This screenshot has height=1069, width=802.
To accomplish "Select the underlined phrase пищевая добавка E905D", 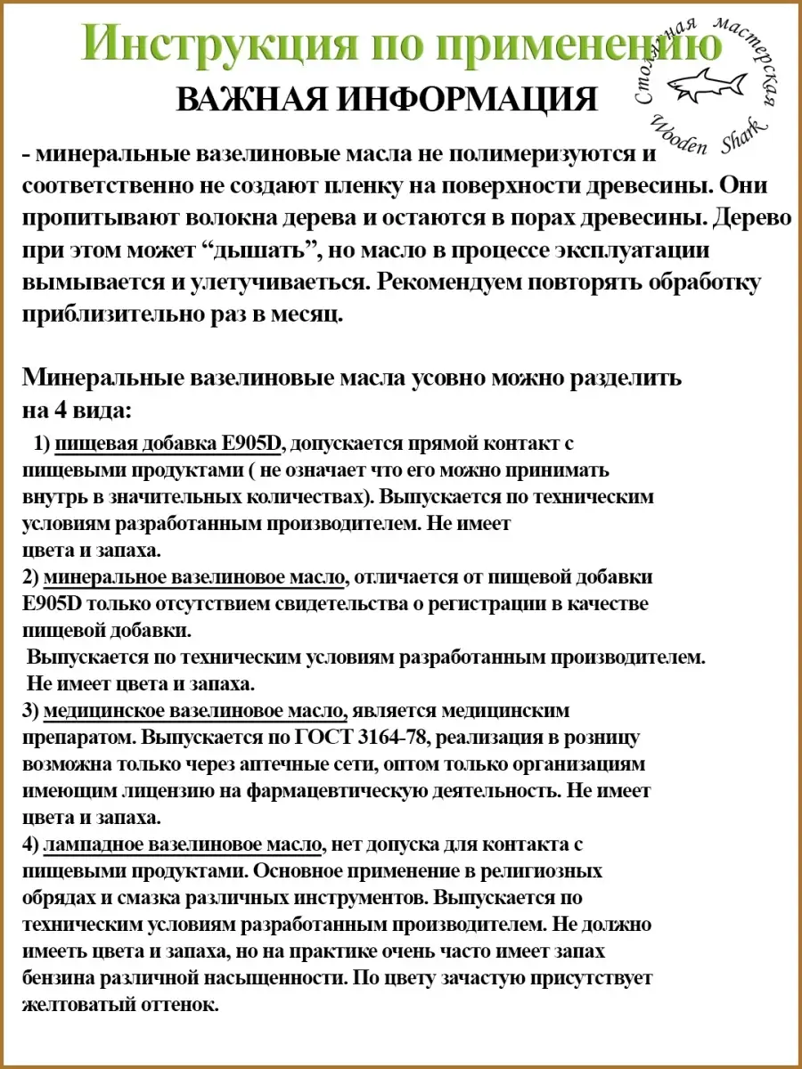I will [168, 443].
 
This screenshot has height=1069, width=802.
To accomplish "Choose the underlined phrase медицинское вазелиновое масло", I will [194, 711].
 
